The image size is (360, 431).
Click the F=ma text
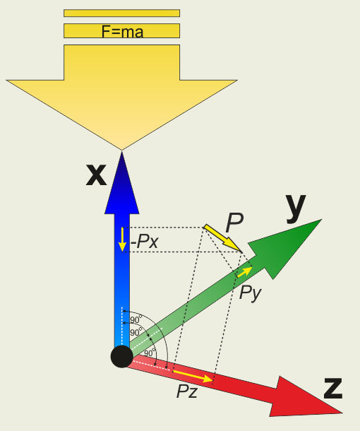coord(123,32)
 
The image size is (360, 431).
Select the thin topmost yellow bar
coord(121,13)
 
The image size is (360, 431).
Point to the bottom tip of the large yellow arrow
coord(121,150)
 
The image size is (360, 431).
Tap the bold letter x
coord(96,175)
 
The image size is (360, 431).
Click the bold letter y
coord(296,208)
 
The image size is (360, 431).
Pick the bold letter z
coord(333,388)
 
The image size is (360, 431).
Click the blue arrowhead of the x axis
coord(122,183)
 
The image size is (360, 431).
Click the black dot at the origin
coord(122,357)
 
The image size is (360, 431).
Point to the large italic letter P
coord(234,223)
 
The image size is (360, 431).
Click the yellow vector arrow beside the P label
coord(222,238)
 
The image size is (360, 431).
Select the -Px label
coord(145,242)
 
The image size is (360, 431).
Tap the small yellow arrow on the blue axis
coord(122,240)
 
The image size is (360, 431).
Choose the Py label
coord(250,293)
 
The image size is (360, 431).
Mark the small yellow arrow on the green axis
coord(244,272)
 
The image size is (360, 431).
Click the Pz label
coord(187,391)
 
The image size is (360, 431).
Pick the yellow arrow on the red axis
coord(193,376)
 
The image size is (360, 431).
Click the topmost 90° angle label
coord(136,319)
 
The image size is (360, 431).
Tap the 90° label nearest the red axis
coord(150,352)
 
